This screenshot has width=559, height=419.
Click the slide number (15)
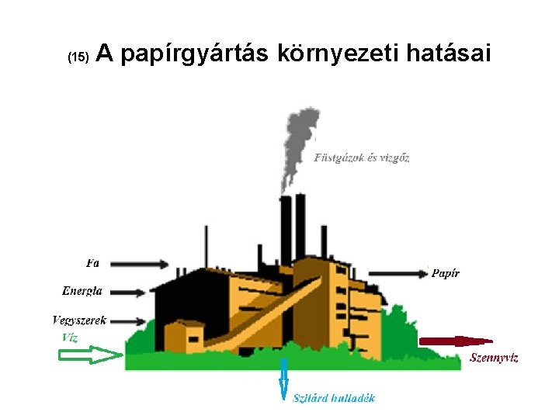79,57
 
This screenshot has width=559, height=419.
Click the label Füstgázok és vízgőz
362,158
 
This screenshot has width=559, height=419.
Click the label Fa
93,263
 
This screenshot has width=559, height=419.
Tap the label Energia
82,291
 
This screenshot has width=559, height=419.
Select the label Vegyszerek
79,320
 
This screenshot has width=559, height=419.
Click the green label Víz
69,338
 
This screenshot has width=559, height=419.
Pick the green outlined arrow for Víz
90,355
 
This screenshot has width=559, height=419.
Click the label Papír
446,273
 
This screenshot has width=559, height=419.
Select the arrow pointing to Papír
398,272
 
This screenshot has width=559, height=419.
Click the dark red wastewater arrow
455,340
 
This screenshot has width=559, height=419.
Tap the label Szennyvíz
494,358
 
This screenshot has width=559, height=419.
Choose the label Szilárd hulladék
334,398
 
